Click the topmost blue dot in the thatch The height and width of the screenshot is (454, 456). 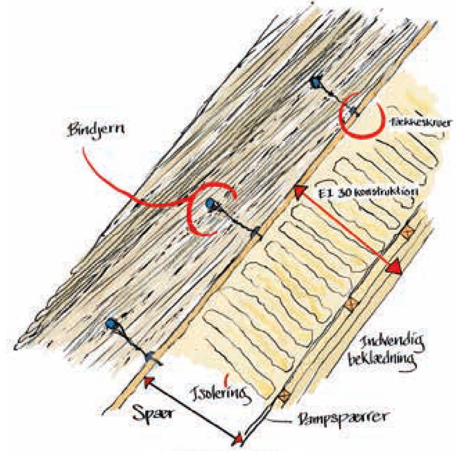pos(316,80)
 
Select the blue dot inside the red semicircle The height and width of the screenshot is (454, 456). pos(210,203)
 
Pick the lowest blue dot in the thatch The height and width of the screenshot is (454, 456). pos(112,323)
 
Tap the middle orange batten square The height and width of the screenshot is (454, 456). pos(350,303)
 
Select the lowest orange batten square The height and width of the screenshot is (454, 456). pos(285,395)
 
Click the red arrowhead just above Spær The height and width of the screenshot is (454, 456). pos(149,382)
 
